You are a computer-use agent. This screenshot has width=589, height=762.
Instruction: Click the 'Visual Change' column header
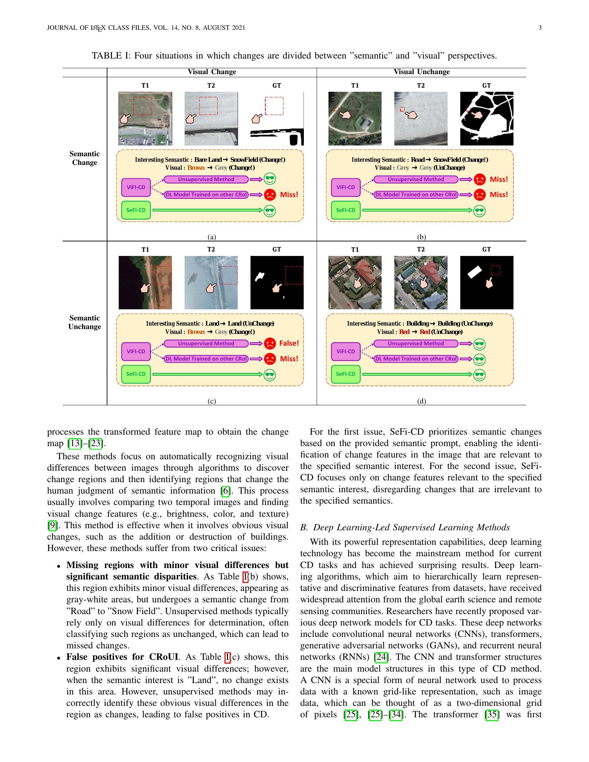click(x=212, y=72)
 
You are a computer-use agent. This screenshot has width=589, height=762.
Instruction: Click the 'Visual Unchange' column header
click(x=422, y=72)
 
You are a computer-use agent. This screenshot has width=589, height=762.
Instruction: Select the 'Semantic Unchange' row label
click(x=85, y=322)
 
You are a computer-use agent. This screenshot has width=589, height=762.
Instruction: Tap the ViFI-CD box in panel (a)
click(x=136, y=187)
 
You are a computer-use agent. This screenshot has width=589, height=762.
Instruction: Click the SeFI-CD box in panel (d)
click(x=345, y=374)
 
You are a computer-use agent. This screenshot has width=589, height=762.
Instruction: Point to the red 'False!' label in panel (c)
click(x=289, y=343)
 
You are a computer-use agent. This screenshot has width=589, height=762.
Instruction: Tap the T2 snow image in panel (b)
click(x=421, y=118)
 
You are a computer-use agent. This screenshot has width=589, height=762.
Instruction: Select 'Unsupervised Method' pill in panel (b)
click(x=415, y=179)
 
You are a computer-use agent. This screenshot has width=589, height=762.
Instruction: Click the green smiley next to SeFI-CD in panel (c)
click(x=270, y=375)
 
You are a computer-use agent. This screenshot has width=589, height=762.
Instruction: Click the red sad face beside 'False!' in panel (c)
click(x=270, y=344)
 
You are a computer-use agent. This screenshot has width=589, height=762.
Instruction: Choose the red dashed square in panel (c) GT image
click(x=294, y=275)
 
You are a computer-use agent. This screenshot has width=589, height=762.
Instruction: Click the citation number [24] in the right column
click(x=381, y=657)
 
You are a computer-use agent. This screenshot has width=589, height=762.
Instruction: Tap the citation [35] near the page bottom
click(x=492, y=715)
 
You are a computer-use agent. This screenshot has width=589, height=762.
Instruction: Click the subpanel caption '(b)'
click(x=422, y=237)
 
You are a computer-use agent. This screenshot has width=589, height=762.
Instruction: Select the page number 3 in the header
click(x=540, y=28)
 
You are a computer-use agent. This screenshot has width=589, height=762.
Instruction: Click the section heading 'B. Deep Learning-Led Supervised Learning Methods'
click(x=405, y=527)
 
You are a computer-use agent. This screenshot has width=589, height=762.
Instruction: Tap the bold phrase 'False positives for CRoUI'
click(x=122, y=657)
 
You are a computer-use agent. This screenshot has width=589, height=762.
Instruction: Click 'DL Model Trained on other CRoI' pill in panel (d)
click(x=415, y=359)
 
